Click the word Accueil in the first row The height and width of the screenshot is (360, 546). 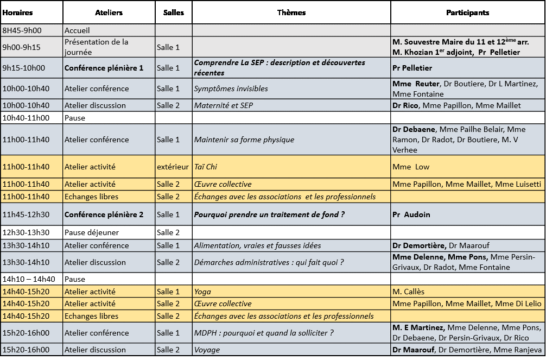tap(77, 31)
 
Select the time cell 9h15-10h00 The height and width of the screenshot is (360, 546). tap(24, 68)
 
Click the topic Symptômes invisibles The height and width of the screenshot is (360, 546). tap(231, 89)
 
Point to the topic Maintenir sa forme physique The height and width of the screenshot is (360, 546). tap(244, 140)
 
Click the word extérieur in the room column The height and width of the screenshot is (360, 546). tap(173, 167)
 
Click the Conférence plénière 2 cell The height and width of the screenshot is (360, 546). tap(104, 214)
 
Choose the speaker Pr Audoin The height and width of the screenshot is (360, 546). tap(411, 214)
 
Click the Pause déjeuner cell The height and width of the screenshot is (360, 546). tap(92, 232)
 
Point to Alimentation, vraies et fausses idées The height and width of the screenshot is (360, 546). tap(257, 245)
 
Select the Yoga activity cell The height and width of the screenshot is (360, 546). tap(202, 292)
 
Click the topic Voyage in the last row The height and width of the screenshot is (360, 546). tap(207, 350)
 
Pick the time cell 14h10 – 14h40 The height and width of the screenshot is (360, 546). tap(29, 279)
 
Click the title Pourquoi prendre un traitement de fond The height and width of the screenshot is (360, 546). tap(269, 214)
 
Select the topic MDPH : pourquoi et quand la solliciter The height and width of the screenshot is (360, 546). tap(264, 333)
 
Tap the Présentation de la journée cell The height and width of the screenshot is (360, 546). tap(96, 47)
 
